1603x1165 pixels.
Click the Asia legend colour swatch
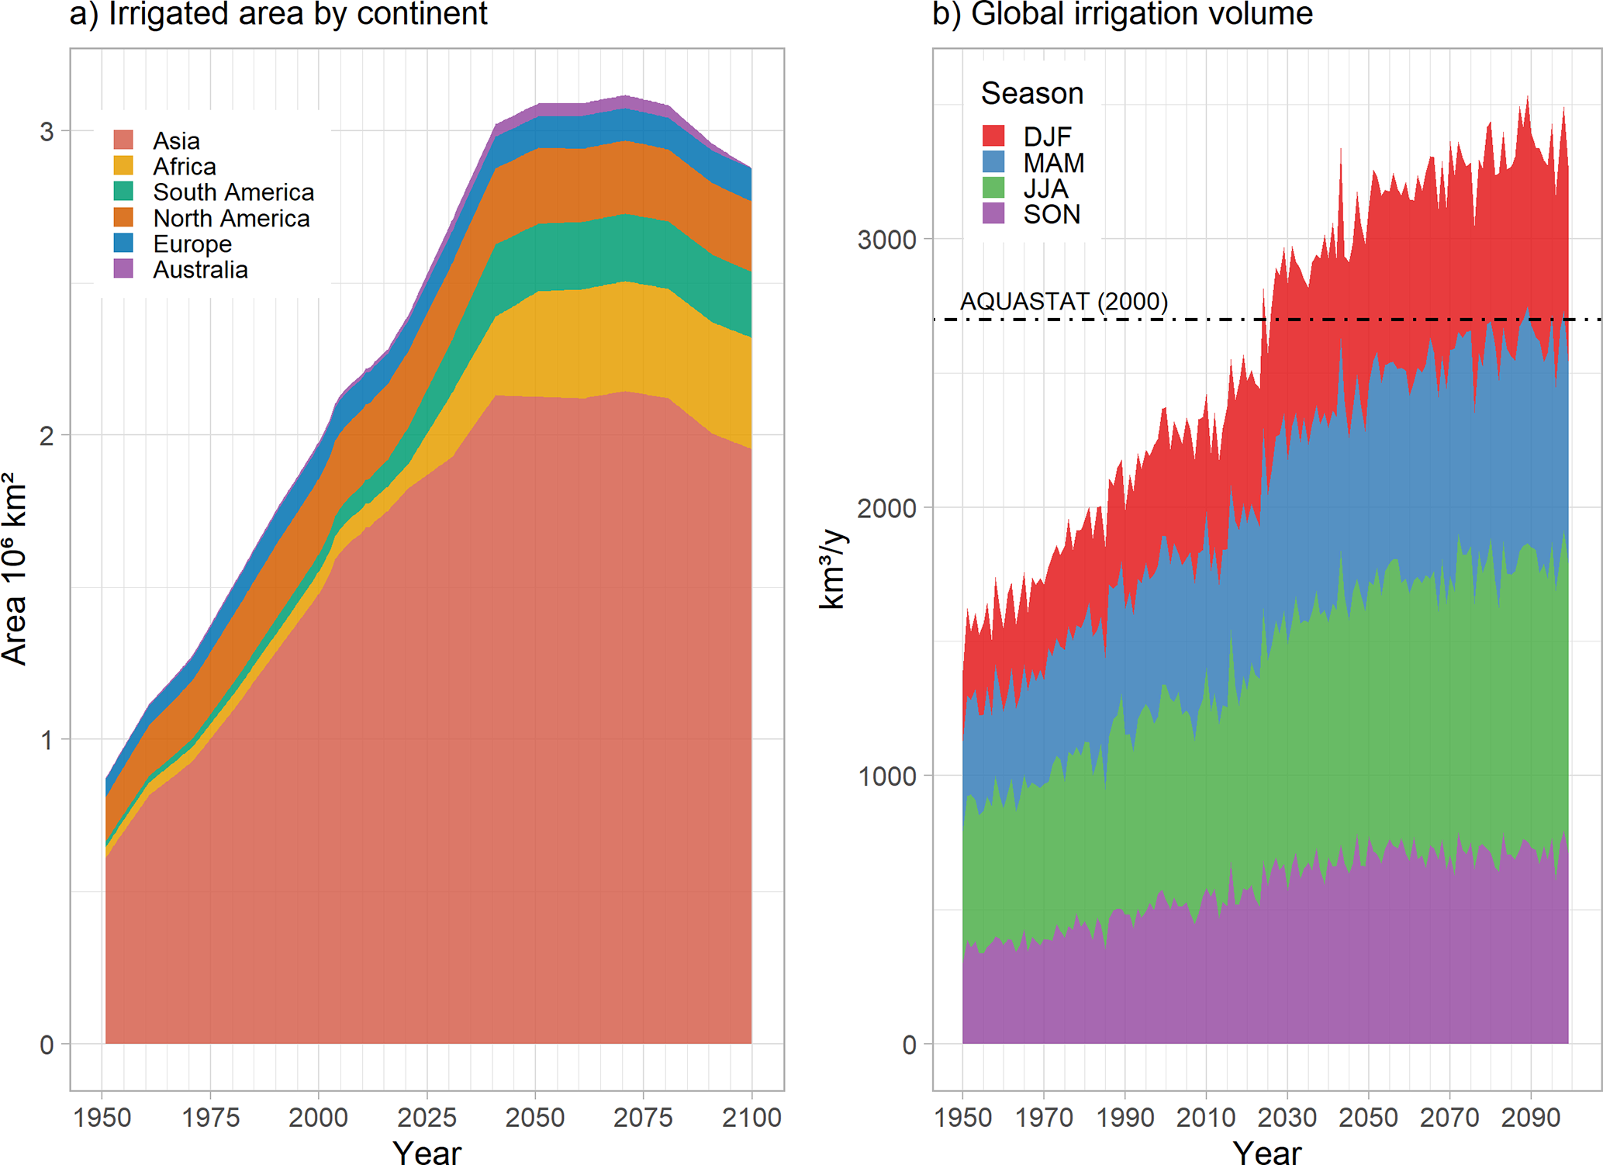123,140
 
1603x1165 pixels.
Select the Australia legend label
200,270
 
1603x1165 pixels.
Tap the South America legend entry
233,192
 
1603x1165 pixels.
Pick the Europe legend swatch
123,244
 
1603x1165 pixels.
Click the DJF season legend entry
1047,137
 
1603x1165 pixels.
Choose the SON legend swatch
993,214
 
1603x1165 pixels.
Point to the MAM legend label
1053,163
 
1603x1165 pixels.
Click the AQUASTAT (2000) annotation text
1063,301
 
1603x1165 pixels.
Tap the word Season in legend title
1031,93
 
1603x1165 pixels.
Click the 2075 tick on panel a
643,1117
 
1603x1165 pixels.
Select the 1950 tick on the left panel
102,1117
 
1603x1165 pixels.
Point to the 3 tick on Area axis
47,131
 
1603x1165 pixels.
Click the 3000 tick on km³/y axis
886,240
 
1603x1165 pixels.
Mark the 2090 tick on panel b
1530,1117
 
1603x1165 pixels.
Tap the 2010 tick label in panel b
1205,1117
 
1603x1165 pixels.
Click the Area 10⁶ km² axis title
16,569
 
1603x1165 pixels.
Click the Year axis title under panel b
1266,1152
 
